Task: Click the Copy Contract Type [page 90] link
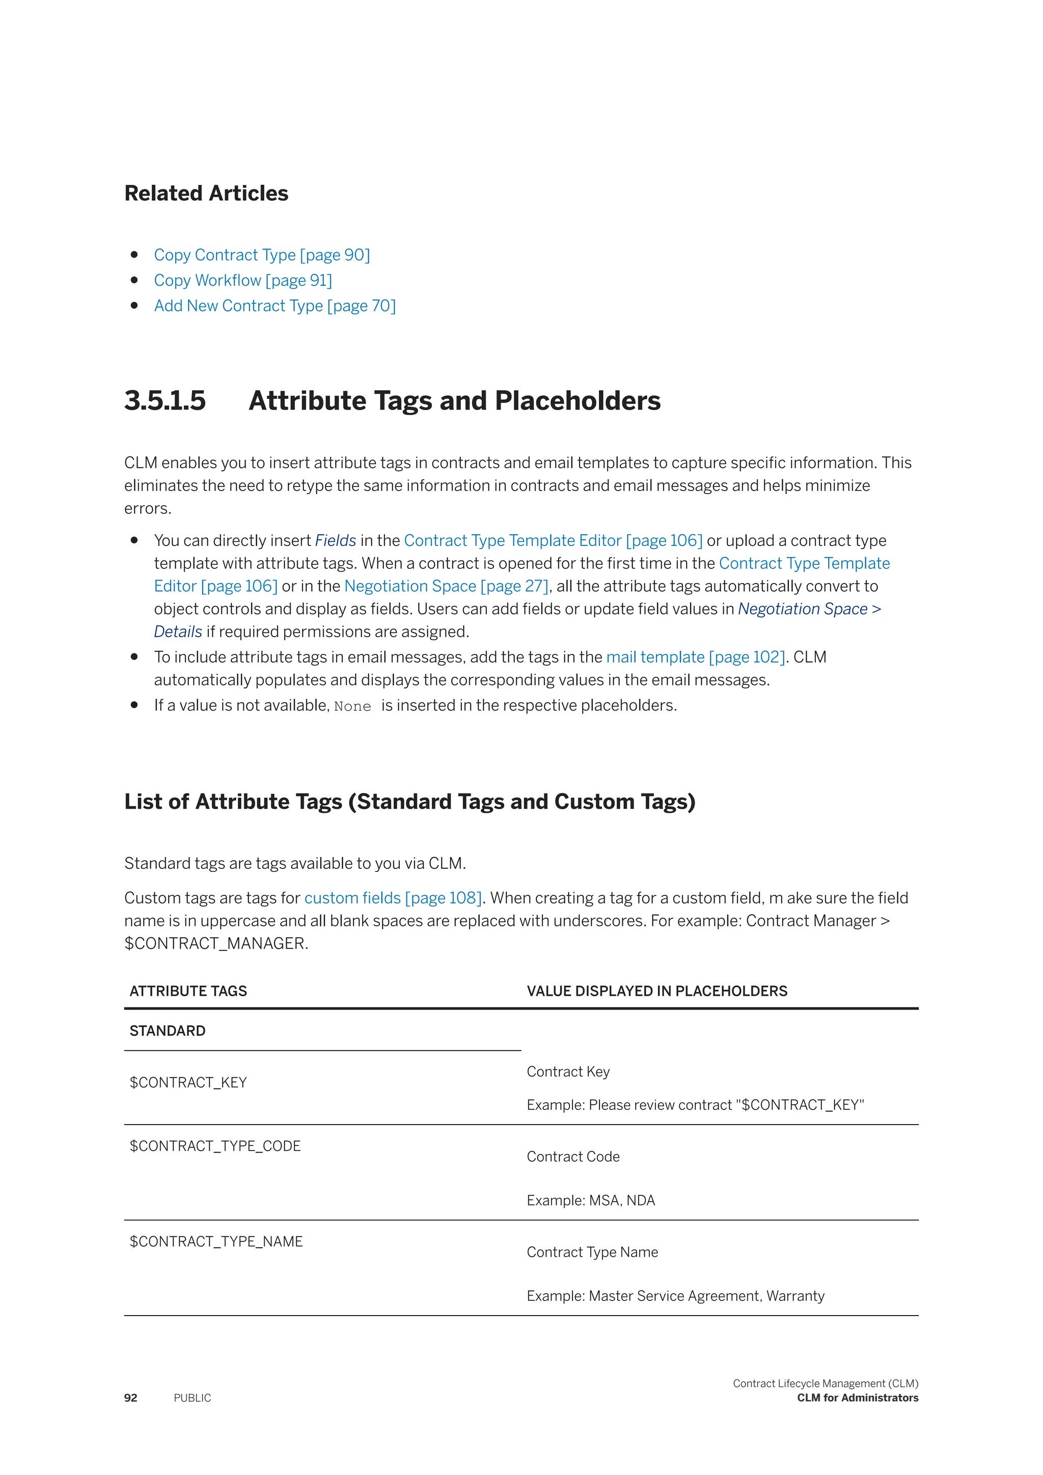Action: [261, 255]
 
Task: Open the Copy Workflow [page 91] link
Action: [243, 281]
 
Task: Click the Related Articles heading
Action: [206, 194]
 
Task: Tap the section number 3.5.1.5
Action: [165, 401]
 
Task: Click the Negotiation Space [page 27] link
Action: [446, 586]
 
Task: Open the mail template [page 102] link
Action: [695, 657]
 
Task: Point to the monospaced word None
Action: [352, 706]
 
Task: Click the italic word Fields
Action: [335, 541]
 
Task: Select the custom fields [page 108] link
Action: [393, 898]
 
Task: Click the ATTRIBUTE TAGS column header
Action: [188, 991]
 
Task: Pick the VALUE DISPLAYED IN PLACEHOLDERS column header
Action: [656, 991]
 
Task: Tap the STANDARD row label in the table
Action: [168, 1031]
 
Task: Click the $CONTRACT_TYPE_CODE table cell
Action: [215, 1146]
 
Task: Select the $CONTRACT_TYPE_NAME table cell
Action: [216, 1242]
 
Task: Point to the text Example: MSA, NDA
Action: [590, 1200]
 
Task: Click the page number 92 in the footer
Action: [130, 1398]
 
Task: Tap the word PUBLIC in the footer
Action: [192, 1398]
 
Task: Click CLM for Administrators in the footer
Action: [858, 1398]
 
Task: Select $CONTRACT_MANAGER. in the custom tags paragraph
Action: [216, 944]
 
